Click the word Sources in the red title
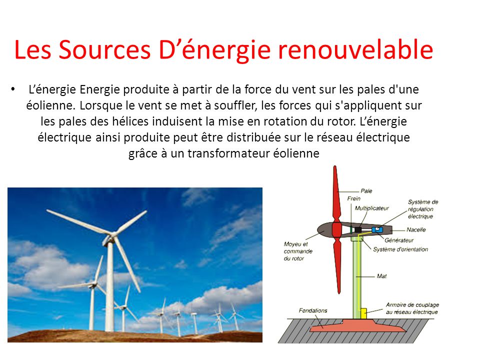[x=104, y=49]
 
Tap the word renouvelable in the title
[x=355, y=49]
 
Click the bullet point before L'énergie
[x=12, y=89]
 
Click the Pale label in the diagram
[x=366, y=190]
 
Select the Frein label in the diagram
[x=353, y=198]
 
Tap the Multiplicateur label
[x=371, y=208]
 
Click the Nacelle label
[x=416, y=229]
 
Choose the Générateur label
[x=399, y=240]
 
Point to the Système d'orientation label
[x=400, y=249]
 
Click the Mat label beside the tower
[x=381, y=276]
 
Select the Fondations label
[x=313, y=310]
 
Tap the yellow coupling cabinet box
[x=363, y=313]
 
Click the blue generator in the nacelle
[x=377, y=229]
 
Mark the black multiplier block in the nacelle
[x=358, y=229]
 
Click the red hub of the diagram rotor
[x=336, y=229]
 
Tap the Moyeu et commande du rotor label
[x=298, y=251]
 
